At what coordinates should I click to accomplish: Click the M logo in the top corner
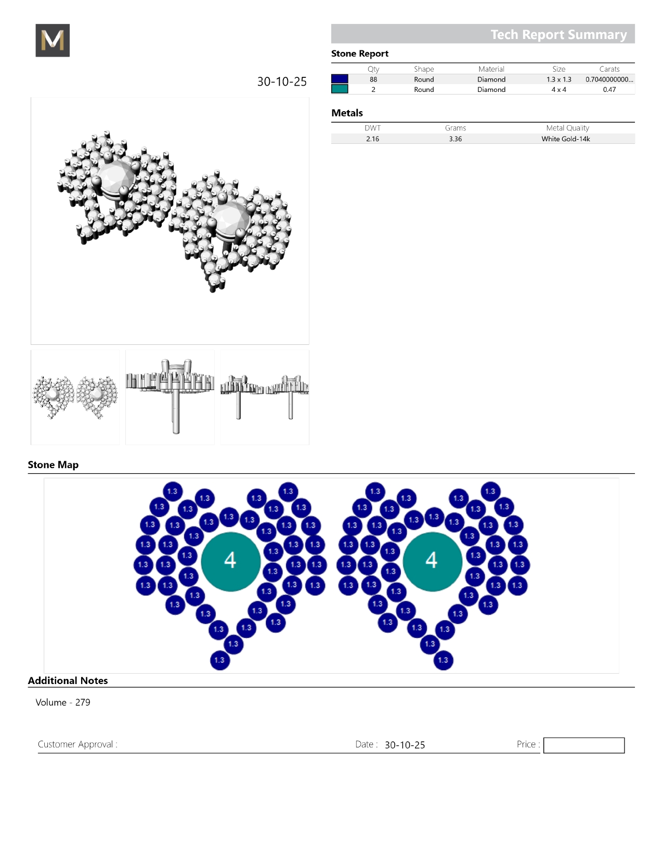click(x=53, y=40)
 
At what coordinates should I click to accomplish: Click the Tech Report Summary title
click(x=558, y=34)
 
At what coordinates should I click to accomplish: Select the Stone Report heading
click(x=359, y=53)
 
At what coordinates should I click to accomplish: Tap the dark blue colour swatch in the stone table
click(x=340, y=79)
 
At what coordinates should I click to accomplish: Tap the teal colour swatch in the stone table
click(x=340, y=89)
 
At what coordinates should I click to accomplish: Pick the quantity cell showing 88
click(x=373, y=79)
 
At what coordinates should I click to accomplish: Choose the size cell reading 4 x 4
click(x=558, y=89)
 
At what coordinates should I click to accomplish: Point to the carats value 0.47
click(x=609, y=89)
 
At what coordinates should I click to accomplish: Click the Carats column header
click(x=609, y=69)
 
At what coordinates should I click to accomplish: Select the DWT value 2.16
click(x=372, y=139)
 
